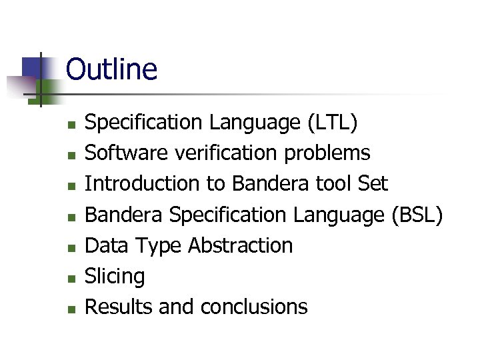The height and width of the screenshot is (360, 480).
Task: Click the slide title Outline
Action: pyautogui.click(x=111, y=69)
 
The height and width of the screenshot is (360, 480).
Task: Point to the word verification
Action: pyautogui.click(x=227, y=153)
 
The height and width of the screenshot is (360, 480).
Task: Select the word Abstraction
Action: pyautogui.click(x=240, y=245)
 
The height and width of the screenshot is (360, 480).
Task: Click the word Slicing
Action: pyautogui.click(x=115, y=276)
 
